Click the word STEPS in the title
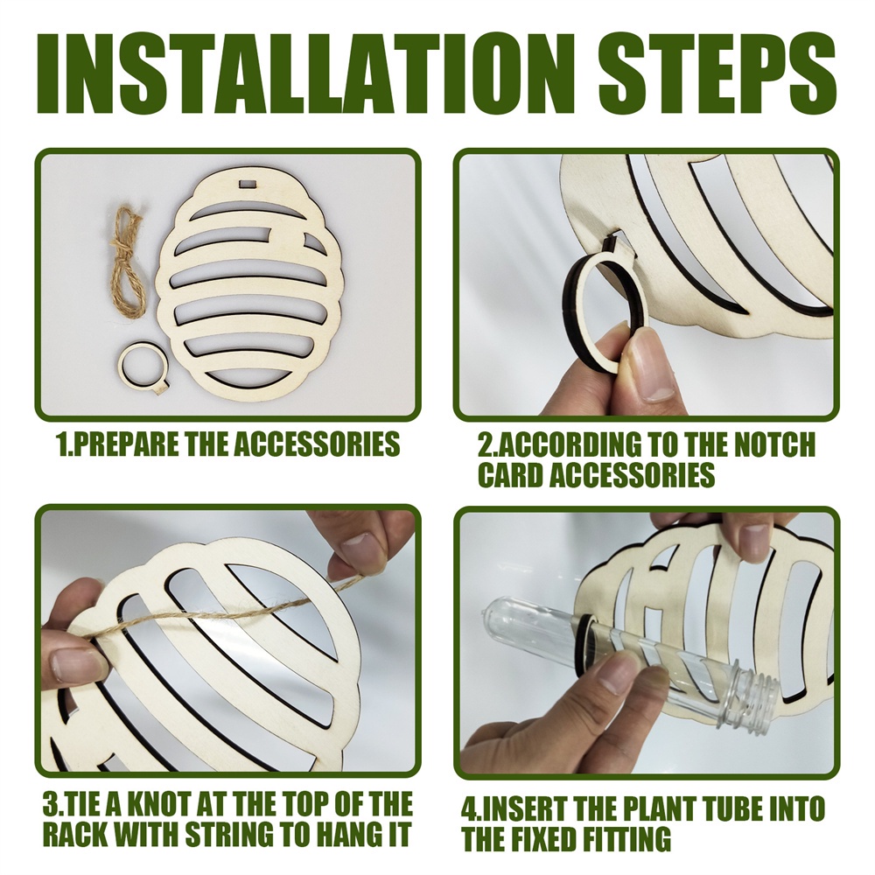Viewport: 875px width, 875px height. click(717, 74)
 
